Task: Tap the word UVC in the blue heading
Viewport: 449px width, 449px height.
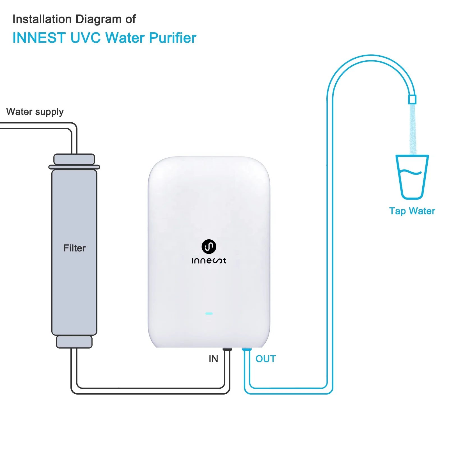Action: click(85, 38)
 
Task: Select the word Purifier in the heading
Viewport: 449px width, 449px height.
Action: click(172, 38)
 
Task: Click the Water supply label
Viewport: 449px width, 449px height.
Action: click(35, 112)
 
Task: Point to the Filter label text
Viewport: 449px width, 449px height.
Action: click(74, 248)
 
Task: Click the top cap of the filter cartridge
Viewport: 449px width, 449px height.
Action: click(74, 159)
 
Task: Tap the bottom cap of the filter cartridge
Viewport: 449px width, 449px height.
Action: click(74, 342)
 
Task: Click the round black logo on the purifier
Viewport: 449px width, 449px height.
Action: click(209, 246)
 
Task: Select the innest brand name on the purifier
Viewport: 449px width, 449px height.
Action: click(209, 261)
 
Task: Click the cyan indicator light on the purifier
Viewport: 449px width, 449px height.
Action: click(209, 313)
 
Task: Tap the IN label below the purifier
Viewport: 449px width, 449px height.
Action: click(213, 359)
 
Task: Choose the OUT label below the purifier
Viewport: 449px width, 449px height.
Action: click(266, 359)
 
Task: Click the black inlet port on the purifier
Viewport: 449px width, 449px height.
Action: click(227, 349)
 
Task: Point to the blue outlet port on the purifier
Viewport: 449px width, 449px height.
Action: click(247, 349)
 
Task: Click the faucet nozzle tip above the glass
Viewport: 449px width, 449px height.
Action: click(412, 99)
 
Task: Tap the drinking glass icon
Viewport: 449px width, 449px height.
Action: click(412, 177)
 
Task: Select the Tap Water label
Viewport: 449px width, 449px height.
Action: click(412, 211)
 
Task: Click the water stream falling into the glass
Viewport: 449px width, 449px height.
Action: click(413, 129)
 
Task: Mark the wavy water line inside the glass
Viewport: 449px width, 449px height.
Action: click(410, 172)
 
